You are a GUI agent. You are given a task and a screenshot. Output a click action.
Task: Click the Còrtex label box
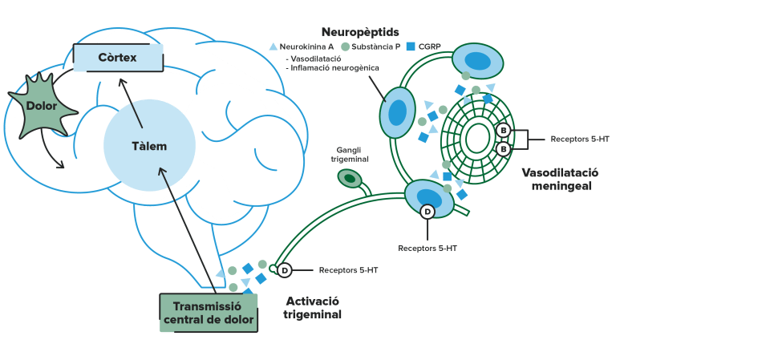(118, 58)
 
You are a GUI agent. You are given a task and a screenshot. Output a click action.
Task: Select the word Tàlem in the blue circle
(149, 147)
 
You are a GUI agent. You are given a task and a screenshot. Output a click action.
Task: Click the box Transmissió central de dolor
(209, 313)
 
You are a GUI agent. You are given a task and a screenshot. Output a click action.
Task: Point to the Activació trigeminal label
(312, 308)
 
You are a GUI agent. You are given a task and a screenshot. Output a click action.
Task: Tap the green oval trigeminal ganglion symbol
(349, 178)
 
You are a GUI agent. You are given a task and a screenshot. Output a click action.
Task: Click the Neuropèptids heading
(360, 32)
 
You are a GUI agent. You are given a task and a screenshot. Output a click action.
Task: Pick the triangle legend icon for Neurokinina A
(274, 47)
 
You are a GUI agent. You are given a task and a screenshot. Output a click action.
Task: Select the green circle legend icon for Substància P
(345, 47)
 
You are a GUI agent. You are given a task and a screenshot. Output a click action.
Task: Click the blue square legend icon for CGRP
(411, 47)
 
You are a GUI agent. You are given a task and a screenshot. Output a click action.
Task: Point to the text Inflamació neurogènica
(332, 68)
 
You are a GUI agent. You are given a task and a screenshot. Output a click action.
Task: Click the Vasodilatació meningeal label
(561, 180)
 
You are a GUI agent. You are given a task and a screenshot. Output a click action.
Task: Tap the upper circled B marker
(504, 131)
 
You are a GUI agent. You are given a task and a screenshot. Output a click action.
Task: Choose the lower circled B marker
(504, 149)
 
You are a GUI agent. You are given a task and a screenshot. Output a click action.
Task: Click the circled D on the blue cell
(428, 212)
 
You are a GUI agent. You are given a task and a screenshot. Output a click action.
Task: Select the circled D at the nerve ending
(284, 270)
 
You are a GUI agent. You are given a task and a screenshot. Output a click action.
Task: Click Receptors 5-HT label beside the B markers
(580, 139)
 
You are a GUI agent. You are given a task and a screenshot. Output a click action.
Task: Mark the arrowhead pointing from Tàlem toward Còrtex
(122, 82)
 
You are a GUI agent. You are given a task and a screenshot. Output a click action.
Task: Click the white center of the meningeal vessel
(477, 139)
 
